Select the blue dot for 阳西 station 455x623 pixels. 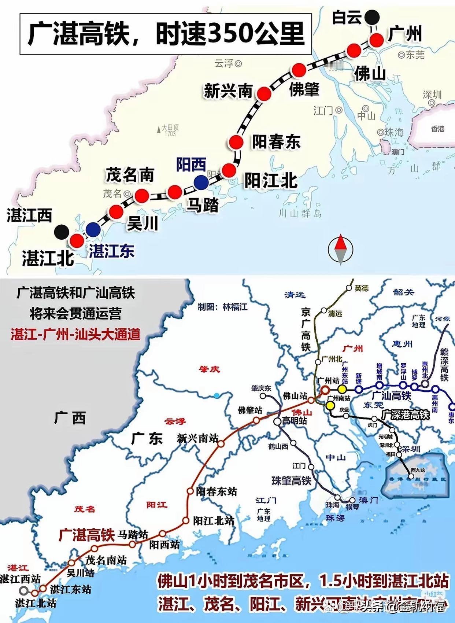(x=201, y=182)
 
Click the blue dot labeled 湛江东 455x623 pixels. (x=93, y=229)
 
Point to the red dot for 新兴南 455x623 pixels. (x=264, y=94)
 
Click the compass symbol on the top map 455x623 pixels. (x=340, y=249)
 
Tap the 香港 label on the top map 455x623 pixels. (x=437, y=129)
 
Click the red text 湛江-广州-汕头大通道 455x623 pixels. (x=75, y=334)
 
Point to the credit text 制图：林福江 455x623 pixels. (x=222, y=307)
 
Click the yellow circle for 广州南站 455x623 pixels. (x=330, y=405)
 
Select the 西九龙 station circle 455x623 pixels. (x=411, y=477)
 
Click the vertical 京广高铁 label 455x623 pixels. (x=306, y=330)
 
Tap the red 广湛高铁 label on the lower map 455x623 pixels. (x=87, y=535)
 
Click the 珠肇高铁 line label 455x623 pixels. (x=291, y=480)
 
